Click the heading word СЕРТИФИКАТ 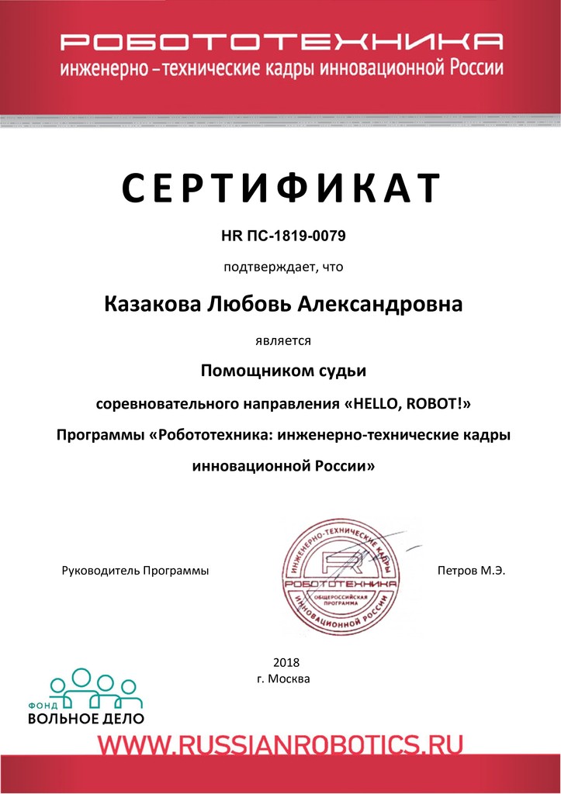pyautogui.click(x=281, y=188)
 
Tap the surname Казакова pyautogui.click(x=152, y=304)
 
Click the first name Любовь pyautogui.click(x=250, y=304)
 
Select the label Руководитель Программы pyautogui.click(x=135, y=571)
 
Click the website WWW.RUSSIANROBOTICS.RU pyautogui.click(x=280, y=745)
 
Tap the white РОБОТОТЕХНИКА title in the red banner pyautogui.click(x=281, y=41)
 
